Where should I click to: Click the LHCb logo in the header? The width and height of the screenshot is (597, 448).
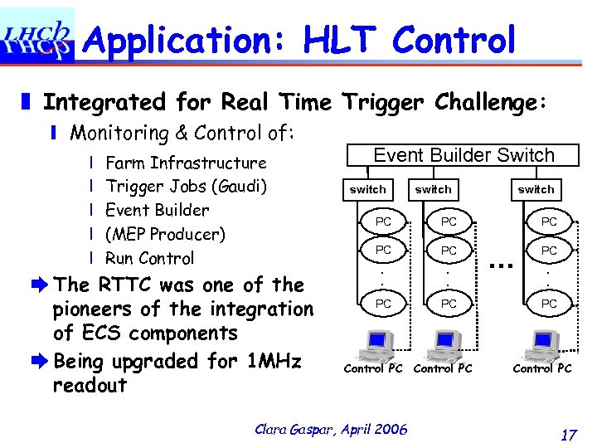(37, 37)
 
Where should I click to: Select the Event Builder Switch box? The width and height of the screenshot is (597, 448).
(464, 155)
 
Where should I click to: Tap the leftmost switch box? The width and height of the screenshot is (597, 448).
(367, 189)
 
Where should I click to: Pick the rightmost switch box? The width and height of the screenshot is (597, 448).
(536, 189)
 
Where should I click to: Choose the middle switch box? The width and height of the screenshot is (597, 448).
(433, 189)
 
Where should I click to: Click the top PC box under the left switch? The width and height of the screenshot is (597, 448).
(383, 222)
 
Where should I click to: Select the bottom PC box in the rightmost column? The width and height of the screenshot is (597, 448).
(549, 304)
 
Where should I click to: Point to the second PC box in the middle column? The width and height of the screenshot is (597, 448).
(449, 250)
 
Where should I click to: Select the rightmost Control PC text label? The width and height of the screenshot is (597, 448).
(542, 368)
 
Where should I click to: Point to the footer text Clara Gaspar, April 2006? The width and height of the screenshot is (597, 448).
(332, 429)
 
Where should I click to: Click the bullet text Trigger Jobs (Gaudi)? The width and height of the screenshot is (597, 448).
(186, 186)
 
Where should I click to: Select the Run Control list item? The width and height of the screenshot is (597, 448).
(150, 258)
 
